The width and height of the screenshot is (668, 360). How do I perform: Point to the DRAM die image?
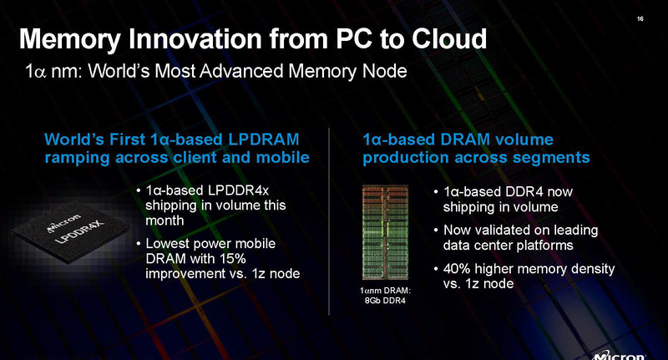pyautogui.click(x=386, y=231)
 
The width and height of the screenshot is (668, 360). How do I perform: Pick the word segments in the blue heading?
pyautogui.click(x=556, y=156)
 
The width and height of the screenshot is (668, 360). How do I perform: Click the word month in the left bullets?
pyautogui.click(x=164, y=221)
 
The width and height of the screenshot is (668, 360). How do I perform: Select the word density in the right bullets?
pyautogui.click(x=592, y=268)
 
